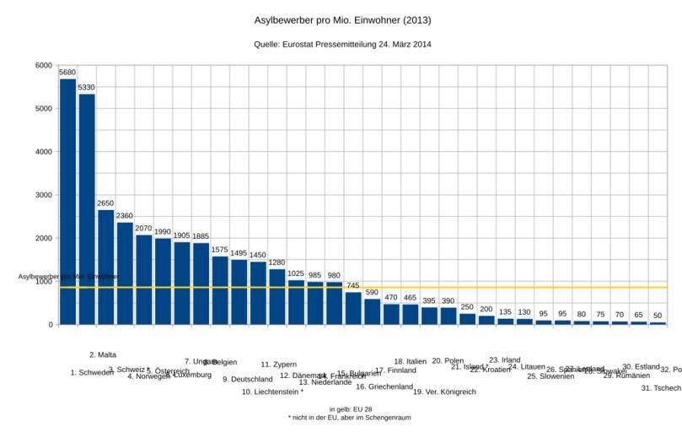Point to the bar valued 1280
coord(277,296)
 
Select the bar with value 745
coord(353,308)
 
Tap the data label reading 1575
coord(220,250)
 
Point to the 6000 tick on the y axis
coord(44,65)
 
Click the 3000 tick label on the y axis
coord(44,195)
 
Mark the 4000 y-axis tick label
coord(44,152)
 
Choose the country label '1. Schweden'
coord(92,372)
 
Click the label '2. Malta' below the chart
coord(103,355)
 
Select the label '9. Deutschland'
coord(248,380)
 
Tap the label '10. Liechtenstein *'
coord(272,391)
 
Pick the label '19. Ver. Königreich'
coord(444,391)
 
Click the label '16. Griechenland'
coord(384,386)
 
